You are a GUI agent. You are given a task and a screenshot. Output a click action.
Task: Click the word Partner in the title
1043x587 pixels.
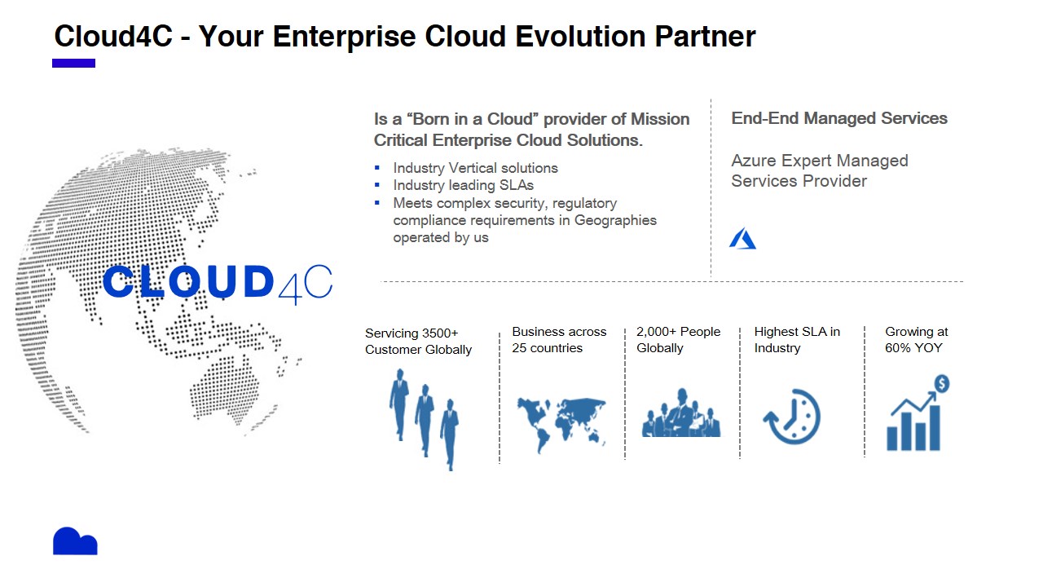tap(705, 37)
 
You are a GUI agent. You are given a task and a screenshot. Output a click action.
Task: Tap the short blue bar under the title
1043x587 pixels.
tap(73, 64)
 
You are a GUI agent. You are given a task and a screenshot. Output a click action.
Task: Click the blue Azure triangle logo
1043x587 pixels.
tap(742, 239)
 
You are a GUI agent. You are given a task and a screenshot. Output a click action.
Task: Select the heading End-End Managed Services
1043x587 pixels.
tap(839, 118)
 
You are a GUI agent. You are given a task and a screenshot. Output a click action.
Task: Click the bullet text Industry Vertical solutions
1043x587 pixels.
tap(475, 168)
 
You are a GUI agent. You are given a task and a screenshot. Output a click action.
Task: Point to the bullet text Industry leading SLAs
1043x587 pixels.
tap(464, 185)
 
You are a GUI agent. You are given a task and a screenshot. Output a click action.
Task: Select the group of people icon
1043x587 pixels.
tap(681, 413)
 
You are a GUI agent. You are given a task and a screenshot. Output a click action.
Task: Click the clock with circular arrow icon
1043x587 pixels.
tap(792, 417)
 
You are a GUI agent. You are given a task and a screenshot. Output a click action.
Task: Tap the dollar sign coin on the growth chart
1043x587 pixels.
tap(942, 384)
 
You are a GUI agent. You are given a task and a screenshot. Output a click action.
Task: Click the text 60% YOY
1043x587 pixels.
tap(913, 348)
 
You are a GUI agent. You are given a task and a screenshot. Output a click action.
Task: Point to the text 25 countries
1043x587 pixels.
tap(547, 348)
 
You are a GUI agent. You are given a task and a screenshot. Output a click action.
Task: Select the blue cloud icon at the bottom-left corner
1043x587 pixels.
tap(75, 541)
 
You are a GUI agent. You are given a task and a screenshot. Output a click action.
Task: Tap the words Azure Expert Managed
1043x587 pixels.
tap(820, 161)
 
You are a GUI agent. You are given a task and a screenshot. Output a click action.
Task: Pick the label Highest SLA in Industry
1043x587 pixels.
tap(797, 340)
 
